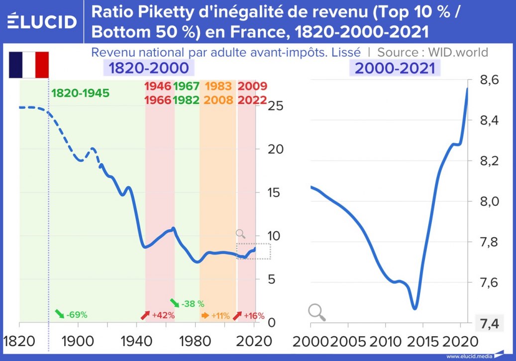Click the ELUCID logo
(42, 21)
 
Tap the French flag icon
(28, 65)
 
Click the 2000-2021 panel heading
(395, 68)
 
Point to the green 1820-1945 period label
(80, 93)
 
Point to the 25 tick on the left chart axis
(276, 106)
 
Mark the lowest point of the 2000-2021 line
(414, 308)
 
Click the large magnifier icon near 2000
(316, 312)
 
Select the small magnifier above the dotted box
(241, 234)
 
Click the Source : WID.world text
(432, 52)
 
